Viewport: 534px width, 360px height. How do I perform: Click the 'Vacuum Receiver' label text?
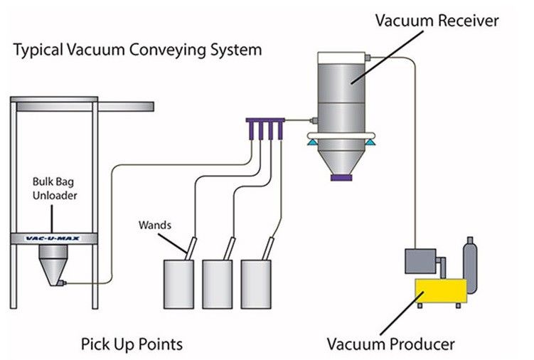[437, 21]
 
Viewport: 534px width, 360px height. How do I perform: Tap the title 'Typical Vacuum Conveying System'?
[137, 51]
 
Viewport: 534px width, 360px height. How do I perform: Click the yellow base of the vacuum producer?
[441, 291]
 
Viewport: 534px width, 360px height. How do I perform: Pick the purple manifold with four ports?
[265, 125]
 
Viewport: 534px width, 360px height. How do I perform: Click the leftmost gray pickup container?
[179, 283]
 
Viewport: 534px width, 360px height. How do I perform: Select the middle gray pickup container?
[218, 283]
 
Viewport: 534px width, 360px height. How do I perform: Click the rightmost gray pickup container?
[256, 283]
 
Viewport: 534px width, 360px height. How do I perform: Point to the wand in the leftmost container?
[191, 246]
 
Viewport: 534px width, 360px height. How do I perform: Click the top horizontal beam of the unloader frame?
[82, 106]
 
